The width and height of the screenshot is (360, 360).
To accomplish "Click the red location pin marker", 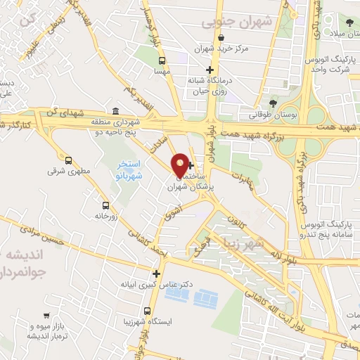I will tap(181, 165).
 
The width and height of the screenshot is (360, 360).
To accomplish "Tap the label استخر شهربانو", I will tap(129, 169).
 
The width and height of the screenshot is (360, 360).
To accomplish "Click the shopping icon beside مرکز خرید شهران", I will tap(220, 37).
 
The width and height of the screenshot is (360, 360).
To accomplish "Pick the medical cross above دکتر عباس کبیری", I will tap(156, 274).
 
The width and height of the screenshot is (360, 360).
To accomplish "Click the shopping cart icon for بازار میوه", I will tap(46, 316).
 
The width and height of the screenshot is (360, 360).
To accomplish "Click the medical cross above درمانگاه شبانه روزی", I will tap(209, 69).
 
